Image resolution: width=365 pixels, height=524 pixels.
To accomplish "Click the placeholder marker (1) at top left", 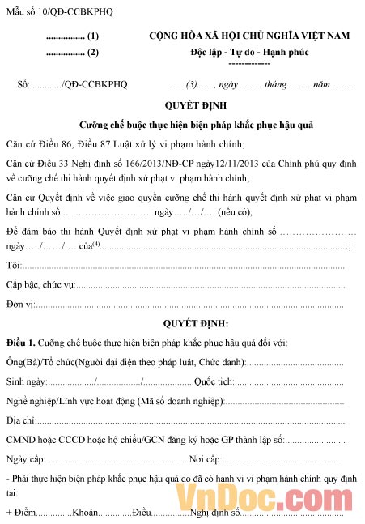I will tap(93, 36).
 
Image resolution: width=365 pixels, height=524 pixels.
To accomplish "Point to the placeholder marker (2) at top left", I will tap(93, 53).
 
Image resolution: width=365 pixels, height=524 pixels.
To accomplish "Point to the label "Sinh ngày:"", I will tap(27, 381).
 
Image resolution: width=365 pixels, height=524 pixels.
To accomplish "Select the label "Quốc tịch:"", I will tap(214, 381).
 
